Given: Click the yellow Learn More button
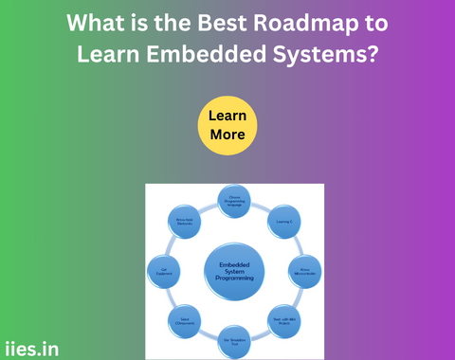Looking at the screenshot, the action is [x=227, y=125].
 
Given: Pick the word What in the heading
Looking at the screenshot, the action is [x=98, y=21].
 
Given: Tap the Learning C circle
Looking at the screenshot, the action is [x=283, y=222].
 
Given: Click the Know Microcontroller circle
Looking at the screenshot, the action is [x=303, y=271].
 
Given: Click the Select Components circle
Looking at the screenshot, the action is [x=186, y=319].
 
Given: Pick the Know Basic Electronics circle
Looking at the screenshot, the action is [x=186, y=222].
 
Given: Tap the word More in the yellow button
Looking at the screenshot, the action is [x=227, y=135].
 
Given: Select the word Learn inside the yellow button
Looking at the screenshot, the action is [x=227, y=116].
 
